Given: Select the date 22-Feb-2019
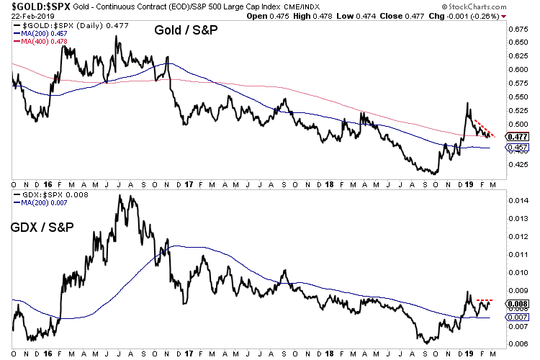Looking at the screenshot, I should pos(25,16).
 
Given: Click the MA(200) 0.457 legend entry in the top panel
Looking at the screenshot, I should pos(42,35).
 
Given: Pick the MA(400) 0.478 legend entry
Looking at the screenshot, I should pos(42,42).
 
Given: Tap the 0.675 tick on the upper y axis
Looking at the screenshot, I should pos(517,30).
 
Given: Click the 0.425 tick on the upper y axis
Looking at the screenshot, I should pos(517,163).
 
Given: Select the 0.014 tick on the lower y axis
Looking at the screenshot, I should pos(517,200).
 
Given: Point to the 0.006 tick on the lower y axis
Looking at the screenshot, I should pos(517,344).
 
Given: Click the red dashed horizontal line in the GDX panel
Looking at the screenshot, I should pos(484,300).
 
